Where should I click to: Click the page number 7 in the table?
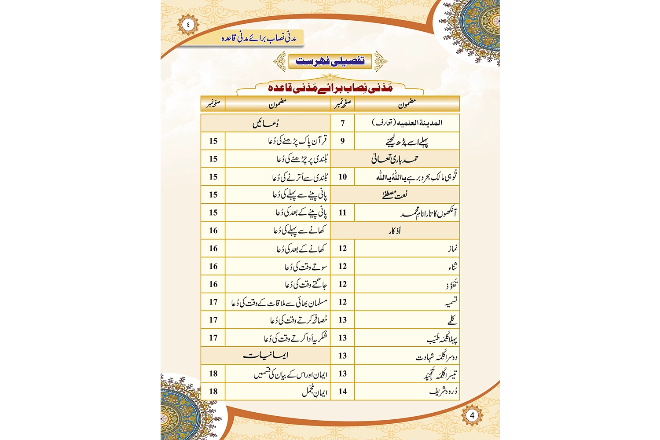click(x=342, y=123)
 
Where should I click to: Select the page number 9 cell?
click(x=342, y=141)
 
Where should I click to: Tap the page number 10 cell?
click(x=342, y=177)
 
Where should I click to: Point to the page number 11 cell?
click(x=342, y=213)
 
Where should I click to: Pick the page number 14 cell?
click(x=342, y=391)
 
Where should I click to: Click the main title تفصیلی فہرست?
click(x=330, y=61)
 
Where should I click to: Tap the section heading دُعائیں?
click(x=265, y=123)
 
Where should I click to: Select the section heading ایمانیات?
click(x=265, y=356)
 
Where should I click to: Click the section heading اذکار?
click(x=395, y=231)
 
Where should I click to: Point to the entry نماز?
click(x=453, y=249)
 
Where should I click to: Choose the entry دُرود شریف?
click(x=443, y=391)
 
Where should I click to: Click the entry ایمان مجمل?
click(x=315, y=391)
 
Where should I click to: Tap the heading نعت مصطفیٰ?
click(x=395, y=194)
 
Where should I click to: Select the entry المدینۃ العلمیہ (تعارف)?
click(x=407, y=123)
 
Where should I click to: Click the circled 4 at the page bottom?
click(x=472, y=415)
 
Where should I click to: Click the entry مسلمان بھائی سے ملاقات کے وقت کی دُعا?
click(x=279, y=302)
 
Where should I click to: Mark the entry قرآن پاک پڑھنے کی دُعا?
click(x=298, y=141)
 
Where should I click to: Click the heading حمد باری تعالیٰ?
click(x=395, y=159)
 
